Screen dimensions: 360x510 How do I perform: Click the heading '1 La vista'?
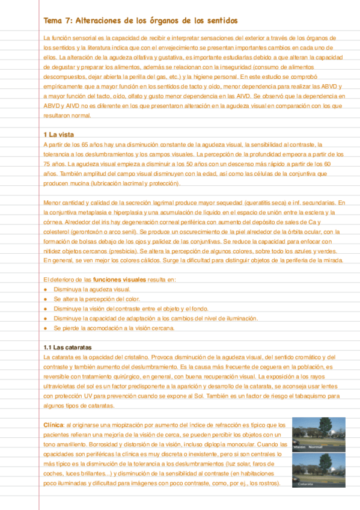(59, 134)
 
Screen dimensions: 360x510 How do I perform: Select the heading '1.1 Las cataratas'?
(68, 348)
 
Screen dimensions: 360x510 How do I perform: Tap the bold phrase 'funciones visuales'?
(120, 280)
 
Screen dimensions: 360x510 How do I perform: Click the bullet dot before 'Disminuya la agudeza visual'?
(46, 289)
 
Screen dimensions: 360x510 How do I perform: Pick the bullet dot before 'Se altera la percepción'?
(46, 299)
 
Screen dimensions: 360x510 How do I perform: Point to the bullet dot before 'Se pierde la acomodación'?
(46, 328)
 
